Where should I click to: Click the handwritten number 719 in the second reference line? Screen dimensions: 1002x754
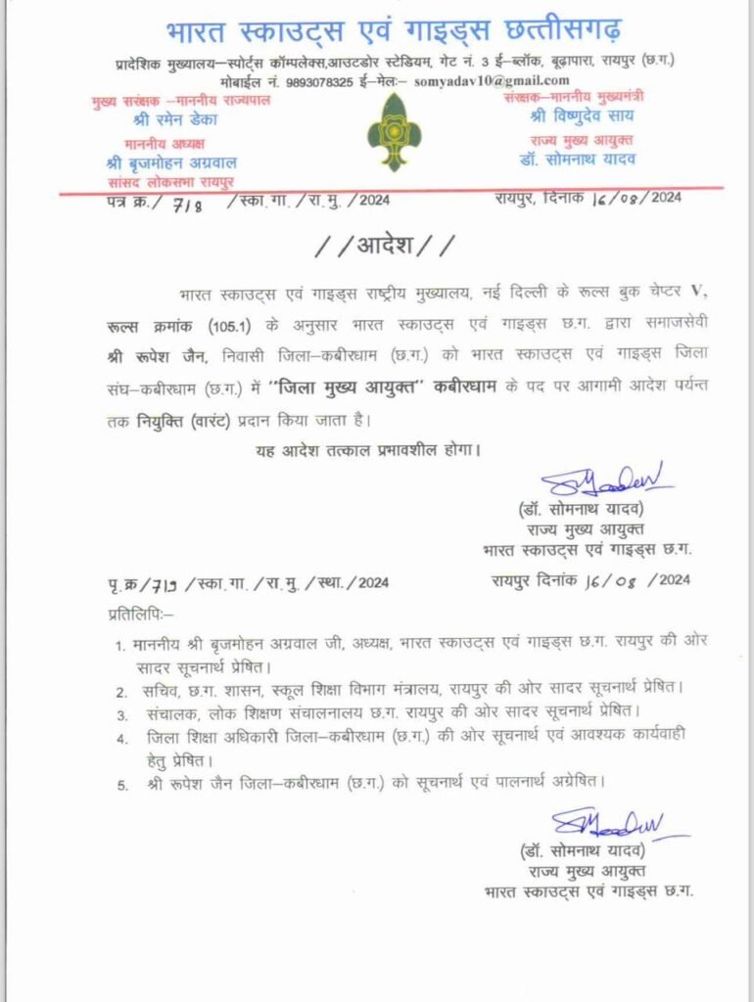(x=157, y=583)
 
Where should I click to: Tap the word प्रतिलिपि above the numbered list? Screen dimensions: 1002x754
(x=138, y=614)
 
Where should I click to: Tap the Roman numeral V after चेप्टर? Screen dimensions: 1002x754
(x=696, y=294)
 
